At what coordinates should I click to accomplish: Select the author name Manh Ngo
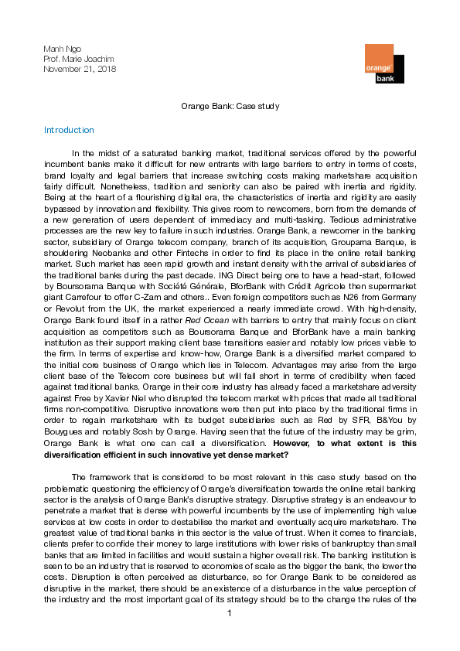(59, 49)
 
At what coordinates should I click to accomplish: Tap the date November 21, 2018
(78, 70)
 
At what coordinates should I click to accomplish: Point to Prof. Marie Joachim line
(76, 60)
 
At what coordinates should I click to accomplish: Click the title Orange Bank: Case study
(230, 106)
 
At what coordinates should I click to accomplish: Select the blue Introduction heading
(69, 130)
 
